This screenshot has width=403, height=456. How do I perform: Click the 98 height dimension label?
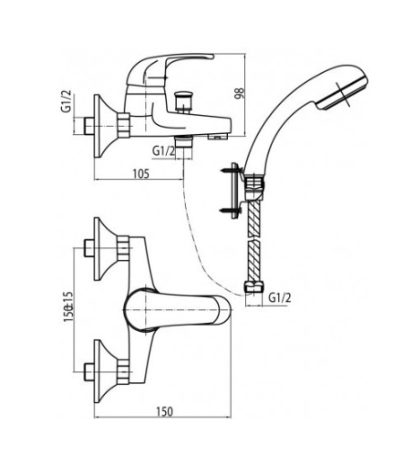coord(240,93)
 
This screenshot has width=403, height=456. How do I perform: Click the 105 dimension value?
coord(141,174)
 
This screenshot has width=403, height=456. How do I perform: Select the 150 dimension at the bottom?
coord(164,411)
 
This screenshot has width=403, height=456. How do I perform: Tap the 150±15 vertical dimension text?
coord(68,306)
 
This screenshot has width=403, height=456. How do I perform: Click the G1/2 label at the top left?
coord(67,101)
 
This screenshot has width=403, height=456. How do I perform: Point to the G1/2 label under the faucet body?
coord(163,151)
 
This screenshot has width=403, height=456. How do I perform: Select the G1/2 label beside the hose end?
coord(280,298)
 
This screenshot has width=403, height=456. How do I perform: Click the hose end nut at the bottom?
coord(254,288)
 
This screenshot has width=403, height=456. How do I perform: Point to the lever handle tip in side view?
coord(210,57)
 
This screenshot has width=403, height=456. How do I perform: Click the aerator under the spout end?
coord(217,137)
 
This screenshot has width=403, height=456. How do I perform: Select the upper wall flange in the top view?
coord(104,249)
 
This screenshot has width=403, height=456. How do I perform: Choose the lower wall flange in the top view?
coord(104,371)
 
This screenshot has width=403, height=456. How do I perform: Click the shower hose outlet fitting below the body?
coord(184,141)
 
